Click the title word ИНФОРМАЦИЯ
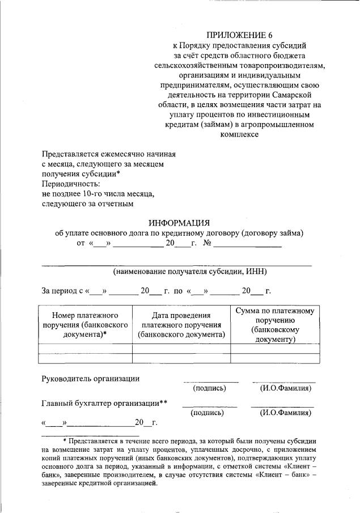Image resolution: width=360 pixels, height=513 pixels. (x=179, y=223)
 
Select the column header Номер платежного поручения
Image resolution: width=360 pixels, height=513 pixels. (x=84, y=325)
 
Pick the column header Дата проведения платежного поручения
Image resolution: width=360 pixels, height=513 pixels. (x=181, y=325)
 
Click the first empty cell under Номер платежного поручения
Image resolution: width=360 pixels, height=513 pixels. (x=84, y=349)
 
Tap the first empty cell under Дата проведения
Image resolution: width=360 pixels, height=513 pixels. (x=181, y=349)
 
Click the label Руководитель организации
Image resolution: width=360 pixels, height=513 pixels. (x=91, y=379)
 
